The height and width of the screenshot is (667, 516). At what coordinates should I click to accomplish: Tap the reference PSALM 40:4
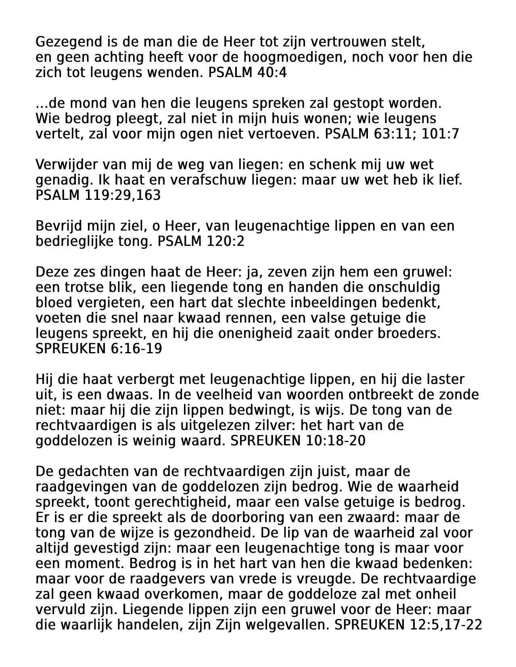point(247,73)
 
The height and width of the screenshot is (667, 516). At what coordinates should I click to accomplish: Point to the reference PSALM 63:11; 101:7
point(392,134)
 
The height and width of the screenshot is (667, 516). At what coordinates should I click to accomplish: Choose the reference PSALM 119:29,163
point(98,195)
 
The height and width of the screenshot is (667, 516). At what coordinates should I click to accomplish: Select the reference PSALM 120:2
point(201,241)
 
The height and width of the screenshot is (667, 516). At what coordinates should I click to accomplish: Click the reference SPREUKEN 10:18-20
point(298,441)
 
